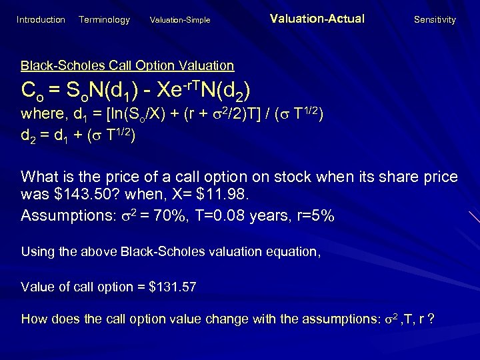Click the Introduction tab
[41, 20]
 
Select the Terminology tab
[104, 20]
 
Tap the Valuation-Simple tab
[181, 20]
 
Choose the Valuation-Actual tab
[317, 19]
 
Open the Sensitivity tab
[435, 20]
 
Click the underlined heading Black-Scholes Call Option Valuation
[127, 65]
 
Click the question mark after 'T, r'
[433, 319]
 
